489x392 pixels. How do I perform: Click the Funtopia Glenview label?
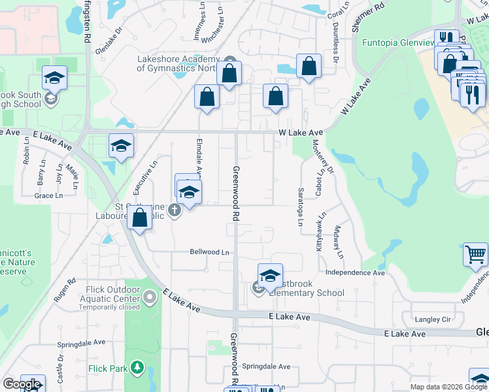pyautogui.click(x=398, y=43)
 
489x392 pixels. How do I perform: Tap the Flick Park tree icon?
pyautogui.click(x=137, y=368)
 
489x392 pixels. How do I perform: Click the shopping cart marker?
pyautogui.click(x=475, y=255)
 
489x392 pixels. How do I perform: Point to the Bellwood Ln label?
pyautogui.click(x=210, y=252)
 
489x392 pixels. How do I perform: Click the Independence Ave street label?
pyautogui.click(x=355, y=272)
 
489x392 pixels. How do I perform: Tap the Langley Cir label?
pyautogui.click(x=433, y=319)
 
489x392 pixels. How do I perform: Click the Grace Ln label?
pyautogui.click(x=48, y=195)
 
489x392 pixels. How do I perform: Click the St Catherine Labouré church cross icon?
pyautogui.click(x=174, y=210)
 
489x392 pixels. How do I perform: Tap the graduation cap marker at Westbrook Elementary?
pyautogui.click(x=270, y=276)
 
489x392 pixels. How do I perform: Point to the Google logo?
pyautogui.click(x=22, y=384)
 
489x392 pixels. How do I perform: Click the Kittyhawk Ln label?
pyautogui.click(x=320, y=233)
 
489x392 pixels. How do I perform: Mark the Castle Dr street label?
pyautogui.click(x=60, y=368)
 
